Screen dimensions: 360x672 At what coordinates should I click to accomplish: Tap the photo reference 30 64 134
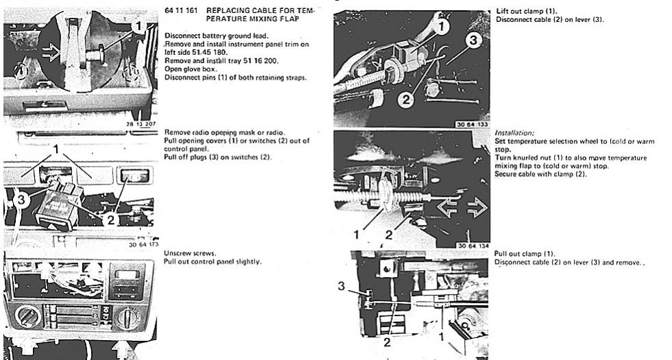472,245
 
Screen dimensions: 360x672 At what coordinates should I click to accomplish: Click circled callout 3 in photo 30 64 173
23,200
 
